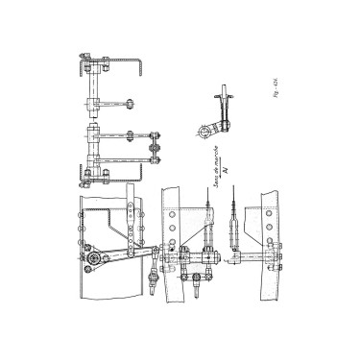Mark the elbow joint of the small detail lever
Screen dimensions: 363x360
pyautogui.click(x=220, y=123)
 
